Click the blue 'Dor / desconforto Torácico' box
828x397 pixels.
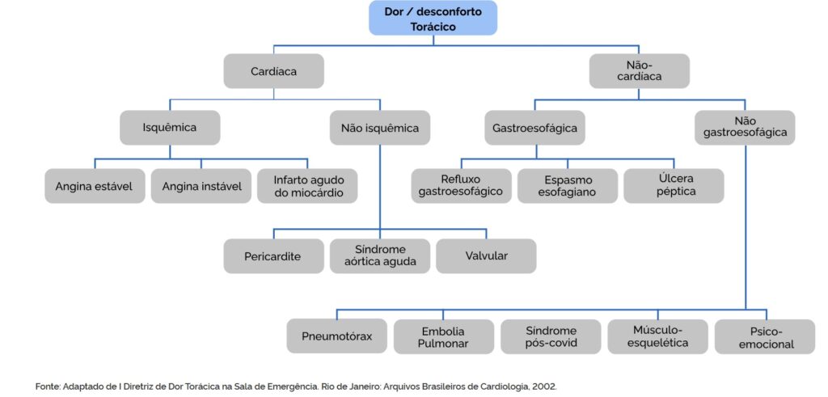click(433, 18)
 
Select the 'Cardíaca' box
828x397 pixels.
click(273, 70)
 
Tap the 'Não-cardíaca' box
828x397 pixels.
click(639, 70)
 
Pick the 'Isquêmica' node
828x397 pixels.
click(170, 127)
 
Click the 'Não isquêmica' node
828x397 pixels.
click(380, 127)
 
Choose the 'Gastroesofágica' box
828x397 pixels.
click(535, 127)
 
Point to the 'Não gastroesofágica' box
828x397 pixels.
click(745, 127)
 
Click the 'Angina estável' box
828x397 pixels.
click(95, 186)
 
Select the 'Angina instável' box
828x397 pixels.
click(201, 186)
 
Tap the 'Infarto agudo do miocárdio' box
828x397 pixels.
click(307, 186)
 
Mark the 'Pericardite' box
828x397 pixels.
click(273, 256)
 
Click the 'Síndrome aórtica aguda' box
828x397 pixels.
click(380, 256)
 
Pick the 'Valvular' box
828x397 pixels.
click(486, 256)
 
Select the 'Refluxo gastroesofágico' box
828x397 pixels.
click(462, 186)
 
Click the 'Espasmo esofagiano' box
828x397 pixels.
click(568, 186)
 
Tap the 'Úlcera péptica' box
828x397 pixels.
click(674, 186)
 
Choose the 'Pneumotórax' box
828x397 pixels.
click(337, 336)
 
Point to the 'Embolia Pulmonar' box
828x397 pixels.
click(444, 336)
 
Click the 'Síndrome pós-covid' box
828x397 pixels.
click(551, 336)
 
